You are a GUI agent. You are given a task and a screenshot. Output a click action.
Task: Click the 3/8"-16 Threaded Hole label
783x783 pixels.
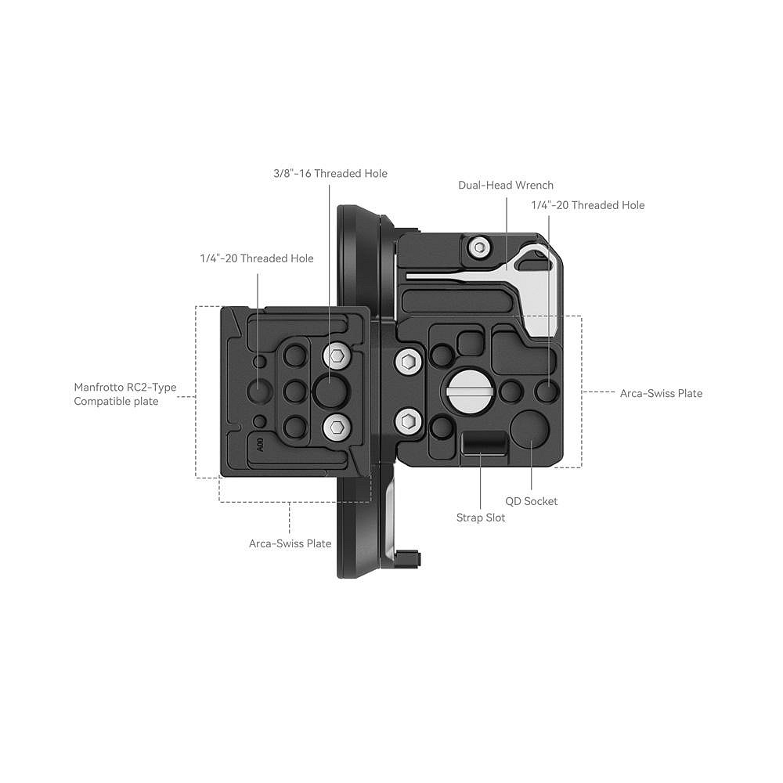(330, 173)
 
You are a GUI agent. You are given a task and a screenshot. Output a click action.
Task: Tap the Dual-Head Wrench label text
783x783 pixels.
(506, 186)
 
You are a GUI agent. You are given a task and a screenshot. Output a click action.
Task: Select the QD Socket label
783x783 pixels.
(532, 501)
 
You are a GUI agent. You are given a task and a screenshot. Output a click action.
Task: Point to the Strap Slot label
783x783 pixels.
(481, 518)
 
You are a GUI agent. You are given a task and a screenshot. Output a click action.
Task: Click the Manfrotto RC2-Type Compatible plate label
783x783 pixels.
(124, 394)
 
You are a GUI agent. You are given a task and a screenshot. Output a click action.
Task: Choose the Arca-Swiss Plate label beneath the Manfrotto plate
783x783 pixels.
(290, 543)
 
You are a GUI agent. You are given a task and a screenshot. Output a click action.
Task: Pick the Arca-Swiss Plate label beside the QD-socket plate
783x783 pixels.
(661, 394)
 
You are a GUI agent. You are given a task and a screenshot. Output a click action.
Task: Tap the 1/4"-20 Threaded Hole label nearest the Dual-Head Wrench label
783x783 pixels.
(588, 205)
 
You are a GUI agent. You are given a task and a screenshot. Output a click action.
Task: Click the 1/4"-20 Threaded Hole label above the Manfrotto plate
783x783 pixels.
(257, 258)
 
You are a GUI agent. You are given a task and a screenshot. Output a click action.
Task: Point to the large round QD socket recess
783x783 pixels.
(530, 428)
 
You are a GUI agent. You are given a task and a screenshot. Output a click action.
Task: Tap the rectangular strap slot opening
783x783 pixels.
(484, 443)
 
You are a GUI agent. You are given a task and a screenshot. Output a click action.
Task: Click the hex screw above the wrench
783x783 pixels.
(480, 247)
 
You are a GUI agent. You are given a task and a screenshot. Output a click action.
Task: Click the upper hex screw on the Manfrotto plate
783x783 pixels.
(337, 356)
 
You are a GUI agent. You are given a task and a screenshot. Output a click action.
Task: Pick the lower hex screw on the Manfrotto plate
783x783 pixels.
(337, 427)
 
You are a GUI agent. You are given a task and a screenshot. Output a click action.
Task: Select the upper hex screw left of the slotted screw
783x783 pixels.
(409, 360)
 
